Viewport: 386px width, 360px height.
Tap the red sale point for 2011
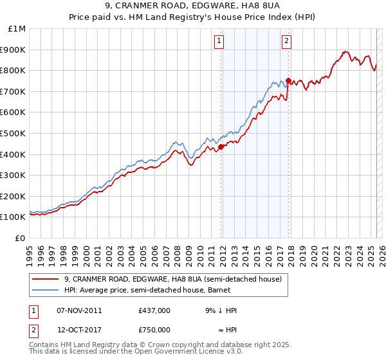tap(221, 147)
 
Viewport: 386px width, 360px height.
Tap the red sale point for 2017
tap(288, 80)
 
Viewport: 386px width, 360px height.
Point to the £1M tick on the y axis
tap(17, 29)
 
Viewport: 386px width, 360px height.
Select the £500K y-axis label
tap(14, 133)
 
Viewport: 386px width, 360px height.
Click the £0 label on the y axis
tap(20, 238)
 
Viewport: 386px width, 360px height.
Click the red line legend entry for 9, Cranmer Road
tap(172, 279)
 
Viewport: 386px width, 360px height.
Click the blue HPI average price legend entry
tap(159, 291)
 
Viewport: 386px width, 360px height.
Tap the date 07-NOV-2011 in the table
tap(79, 310)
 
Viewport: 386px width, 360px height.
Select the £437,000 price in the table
tap(154, 310)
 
